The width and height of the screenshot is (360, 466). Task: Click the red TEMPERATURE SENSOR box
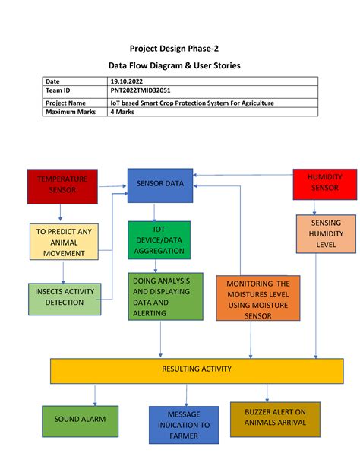point(62,185)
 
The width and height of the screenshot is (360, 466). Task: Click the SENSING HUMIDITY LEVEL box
point(325,234)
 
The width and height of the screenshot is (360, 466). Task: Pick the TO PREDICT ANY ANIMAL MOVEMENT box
point(64,242)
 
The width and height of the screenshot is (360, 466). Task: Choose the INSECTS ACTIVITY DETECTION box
point(65,297)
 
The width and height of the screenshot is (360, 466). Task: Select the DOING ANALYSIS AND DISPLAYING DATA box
point(166,296)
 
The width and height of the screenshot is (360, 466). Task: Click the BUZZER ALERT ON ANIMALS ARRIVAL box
point(276,419)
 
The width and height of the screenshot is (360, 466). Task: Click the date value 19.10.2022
point(126,81)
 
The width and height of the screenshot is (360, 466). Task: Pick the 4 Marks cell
point(124,112)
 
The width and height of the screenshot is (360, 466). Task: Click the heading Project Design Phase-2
point(179,48)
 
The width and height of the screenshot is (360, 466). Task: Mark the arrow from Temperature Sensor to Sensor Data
point(112,185)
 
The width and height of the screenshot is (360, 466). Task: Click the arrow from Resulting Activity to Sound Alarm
point(95,394)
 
